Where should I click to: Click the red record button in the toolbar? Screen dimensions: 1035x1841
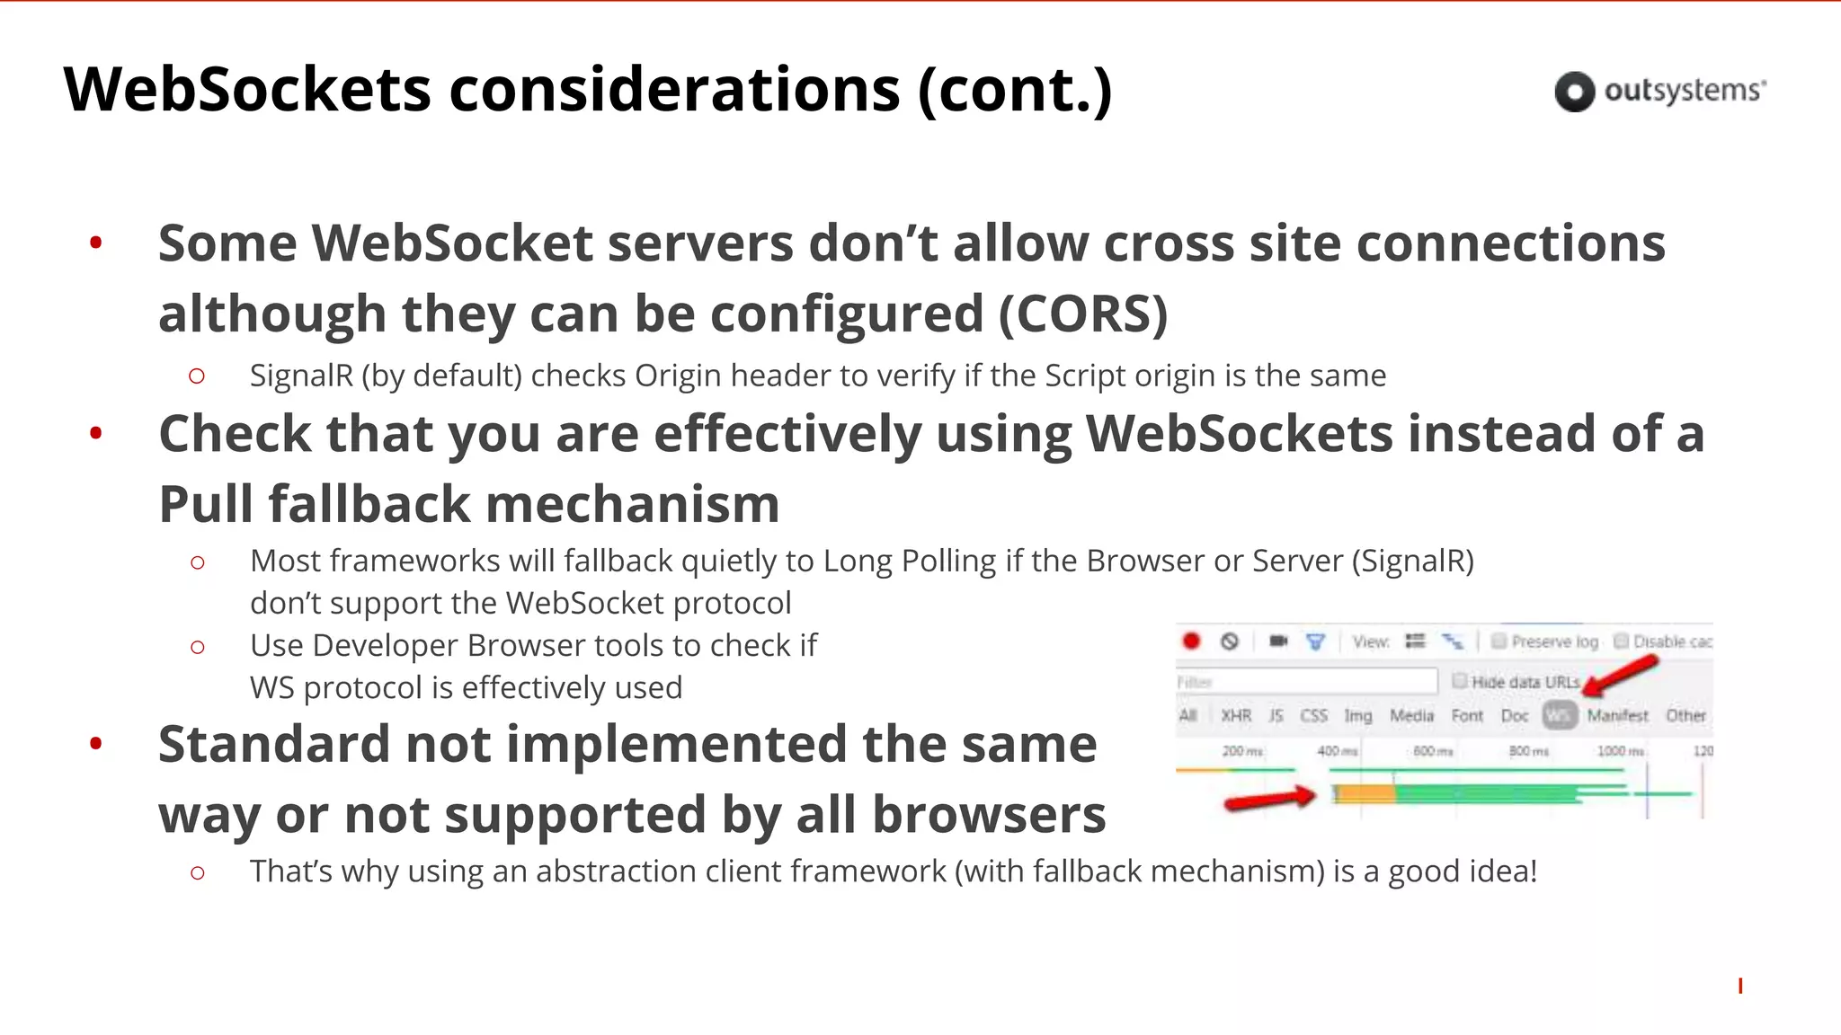tap(1191, 641)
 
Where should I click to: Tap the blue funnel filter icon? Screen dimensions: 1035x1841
tap(1315, 641)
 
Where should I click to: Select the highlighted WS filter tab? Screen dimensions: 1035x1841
tap(1560, 715)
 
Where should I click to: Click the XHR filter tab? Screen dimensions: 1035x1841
tap(1236, 715)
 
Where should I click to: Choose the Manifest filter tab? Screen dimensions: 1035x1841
tap(1617, 715)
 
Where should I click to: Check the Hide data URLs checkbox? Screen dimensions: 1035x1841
tap(1460, 681)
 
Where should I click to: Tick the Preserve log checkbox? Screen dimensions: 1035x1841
tap(1499, 641)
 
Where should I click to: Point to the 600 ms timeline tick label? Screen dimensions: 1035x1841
tap(1433, 750)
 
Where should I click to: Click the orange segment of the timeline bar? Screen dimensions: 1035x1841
tap(1365, 794)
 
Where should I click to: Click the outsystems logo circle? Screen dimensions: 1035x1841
tap(1574, 91)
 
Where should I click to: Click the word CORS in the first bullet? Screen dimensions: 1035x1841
tap(1082, 314)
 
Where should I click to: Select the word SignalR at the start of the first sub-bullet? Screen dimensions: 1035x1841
tap(301, 376)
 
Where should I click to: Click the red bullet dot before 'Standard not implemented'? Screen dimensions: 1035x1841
tap(96, 743)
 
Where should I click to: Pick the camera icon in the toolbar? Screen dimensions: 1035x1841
tap(1277, 641)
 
